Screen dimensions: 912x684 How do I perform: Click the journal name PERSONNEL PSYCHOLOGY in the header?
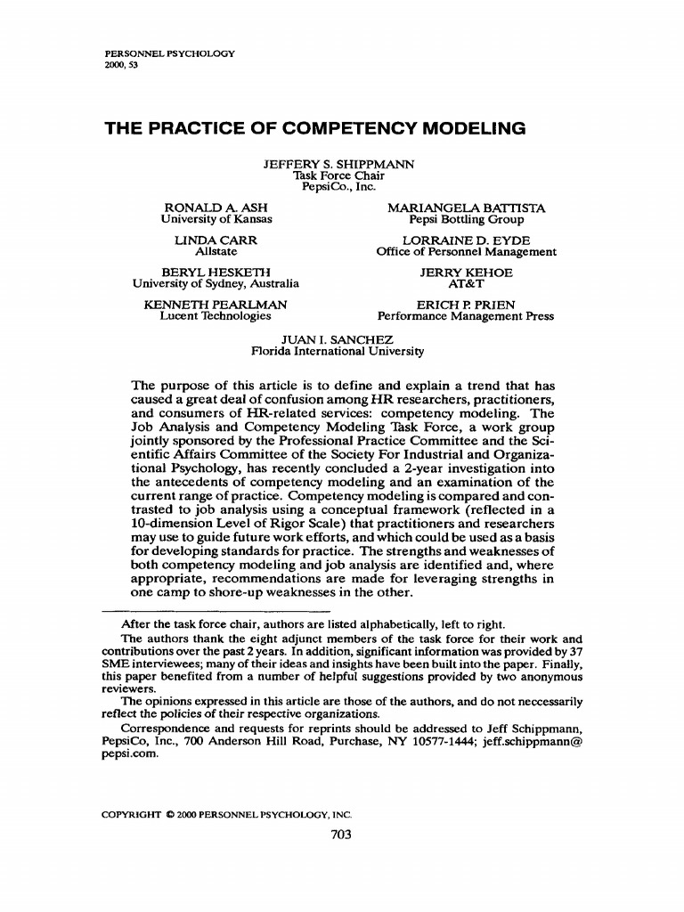point(168,54)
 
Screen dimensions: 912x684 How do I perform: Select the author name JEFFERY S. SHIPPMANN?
point(338,164)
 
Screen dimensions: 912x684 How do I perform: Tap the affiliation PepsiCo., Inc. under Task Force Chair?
point(338,186)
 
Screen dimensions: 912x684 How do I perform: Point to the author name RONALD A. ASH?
point(216,208)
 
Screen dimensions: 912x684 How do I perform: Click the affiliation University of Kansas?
point(216,219)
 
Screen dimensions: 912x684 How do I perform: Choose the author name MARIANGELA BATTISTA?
point(466,208)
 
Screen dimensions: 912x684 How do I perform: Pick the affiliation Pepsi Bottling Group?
point(466,219)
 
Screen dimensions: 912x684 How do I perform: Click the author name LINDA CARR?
point(216,240)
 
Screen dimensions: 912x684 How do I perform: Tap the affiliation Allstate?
point(216,252)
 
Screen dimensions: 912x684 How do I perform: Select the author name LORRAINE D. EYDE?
point(466,240)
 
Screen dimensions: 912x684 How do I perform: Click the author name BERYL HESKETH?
point(216,273)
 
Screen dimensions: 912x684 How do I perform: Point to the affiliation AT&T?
point(466,284)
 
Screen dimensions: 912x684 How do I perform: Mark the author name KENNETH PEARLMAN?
point(216,305)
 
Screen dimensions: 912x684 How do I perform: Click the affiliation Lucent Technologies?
point(216,316)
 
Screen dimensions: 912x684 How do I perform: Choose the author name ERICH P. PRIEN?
point(466,305)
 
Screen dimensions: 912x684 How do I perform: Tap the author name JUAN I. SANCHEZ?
point(338,339)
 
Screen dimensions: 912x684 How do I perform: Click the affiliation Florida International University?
point(338,351)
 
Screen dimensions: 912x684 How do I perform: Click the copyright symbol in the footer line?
point(168,814)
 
